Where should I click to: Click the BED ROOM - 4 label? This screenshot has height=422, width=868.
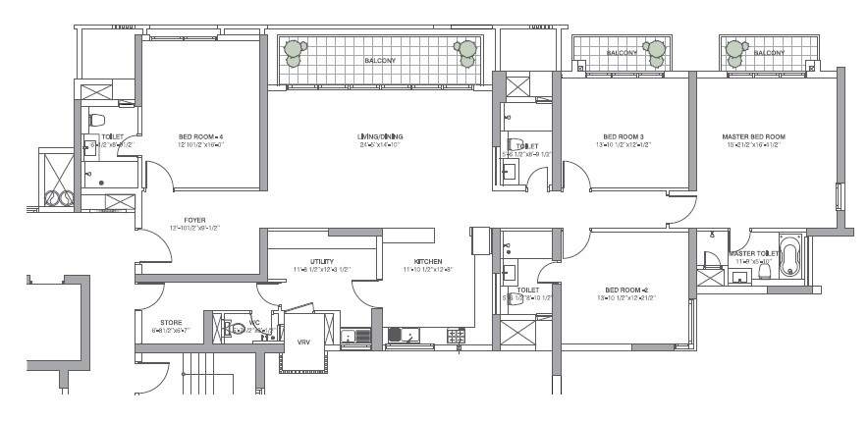pyautogui.click(x=200, y=136)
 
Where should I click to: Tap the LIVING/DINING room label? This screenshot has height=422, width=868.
pyautogui.click(x=380, y=136)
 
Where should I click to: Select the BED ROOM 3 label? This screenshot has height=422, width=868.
pyautogui.click(x=624, y=136)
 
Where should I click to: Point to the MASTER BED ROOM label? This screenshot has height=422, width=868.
pyautogui.click(x=753, y=136)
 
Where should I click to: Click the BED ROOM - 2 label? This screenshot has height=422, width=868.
pyautogui.click(x=624, y=290)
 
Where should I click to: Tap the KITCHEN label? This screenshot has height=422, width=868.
pyautogui.click(x=428, y=261)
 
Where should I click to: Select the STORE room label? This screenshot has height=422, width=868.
pyautogui.click(x=171, y=322)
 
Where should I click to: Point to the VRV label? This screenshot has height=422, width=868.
pyautogui.click(x=302, y=343)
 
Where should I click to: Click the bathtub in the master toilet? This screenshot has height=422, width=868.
pyautogui.click(x=791, y=257)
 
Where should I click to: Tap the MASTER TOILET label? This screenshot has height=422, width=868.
pyautogui.click(x=754, y=253)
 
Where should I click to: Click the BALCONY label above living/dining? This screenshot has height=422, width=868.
pyautogui.click(x=380, y=61)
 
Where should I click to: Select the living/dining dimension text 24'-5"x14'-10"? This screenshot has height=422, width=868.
pyautogui.click(x=380, y=145)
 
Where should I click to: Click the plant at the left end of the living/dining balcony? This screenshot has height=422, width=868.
pyautogui.click(x=294, y=53)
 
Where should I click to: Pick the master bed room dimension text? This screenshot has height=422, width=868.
pyautogui.click(x=753, y=145)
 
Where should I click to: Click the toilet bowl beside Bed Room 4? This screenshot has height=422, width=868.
pyautogui.click(x=96, y=121)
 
